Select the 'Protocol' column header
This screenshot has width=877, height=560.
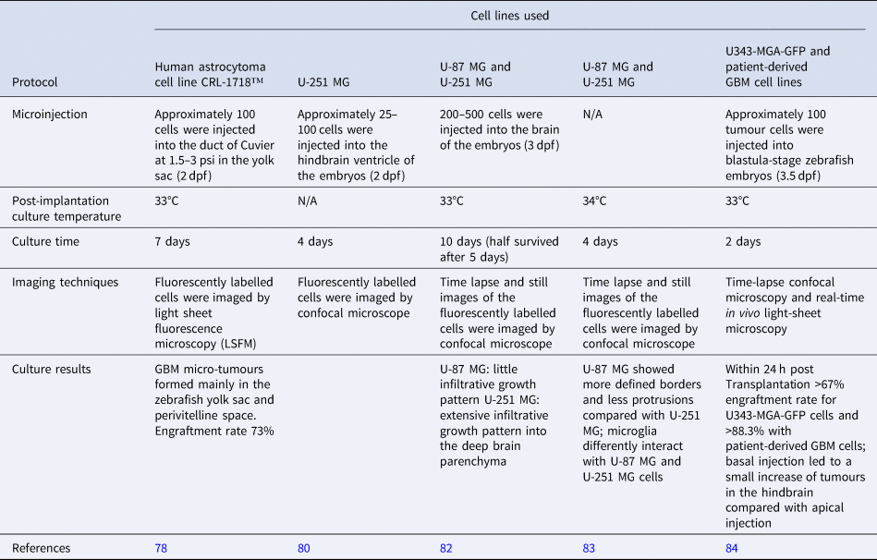[x=35, y=82]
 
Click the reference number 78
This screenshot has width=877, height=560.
[x=162, y=548]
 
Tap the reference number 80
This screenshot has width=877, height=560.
[x=304, y=548]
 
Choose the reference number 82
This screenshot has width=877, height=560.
[x=446, y=548]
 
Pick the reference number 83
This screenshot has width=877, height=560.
[x=588, y=548]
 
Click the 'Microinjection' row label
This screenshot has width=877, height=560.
[x=51, y=115]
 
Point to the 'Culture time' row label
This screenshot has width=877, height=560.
[x=45, y=241]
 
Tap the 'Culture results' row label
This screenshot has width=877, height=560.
[x=52, y=369]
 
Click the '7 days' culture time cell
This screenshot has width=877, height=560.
[x=173, y=241]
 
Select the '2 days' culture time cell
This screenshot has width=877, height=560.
[x=742, y=241]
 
